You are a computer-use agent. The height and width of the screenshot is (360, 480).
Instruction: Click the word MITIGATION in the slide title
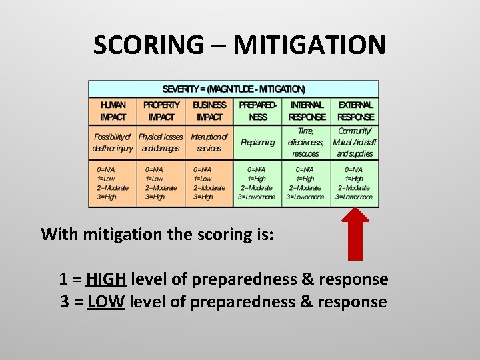point(309,45)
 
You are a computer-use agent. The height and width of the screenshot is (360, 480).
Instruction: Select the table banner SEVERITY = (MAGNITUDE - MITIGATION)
point(234,89)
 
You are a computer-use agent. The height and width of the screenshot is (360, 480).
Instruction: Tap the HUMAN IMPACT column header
point(113,111)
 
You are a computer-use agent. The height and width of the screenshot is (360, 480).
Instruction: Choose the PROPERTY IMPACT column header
point(161,111)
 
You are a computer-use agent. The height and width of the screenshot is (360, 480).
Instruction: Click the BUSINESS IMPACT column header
point(209,111)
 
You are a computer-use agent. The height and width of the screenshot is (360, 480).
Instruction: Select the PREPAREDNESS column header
point(257,111)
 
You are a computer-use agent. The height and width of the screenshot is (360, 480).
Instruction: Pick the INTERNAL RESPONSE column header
point(306,111)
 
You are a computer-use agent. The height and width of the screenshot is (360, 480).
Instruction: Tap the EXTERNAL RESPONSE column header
point(355,111)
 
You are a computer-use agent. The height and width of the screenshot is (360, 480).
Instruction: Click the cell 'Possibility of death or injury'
point(113,143)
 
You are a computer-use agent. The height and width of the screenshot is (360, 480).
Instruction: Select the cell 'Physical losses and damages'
point(161,143)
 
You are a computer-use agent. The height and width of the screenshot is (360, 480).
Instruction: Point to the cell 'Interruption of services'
point(209,143)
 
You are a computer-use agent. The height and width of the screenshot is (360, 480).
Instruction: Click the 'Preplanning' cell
point(257,143)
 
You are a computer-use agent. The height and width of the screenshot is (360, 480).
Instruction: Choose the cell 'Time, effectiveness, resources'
point(306,143)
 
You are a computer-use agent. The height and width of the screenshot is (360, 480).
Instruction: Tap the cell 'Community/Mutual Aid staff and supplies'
point(355,143)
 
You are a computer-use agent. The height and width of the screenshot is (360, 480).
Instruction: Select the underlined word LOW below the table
point(106,302)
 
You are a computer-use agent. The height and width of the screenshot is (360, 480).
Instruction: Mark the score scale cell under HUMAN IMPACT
point(113,183)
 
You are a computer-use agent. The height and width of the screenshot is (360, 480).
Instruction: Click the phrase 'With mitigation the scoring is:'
point(157,234)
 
